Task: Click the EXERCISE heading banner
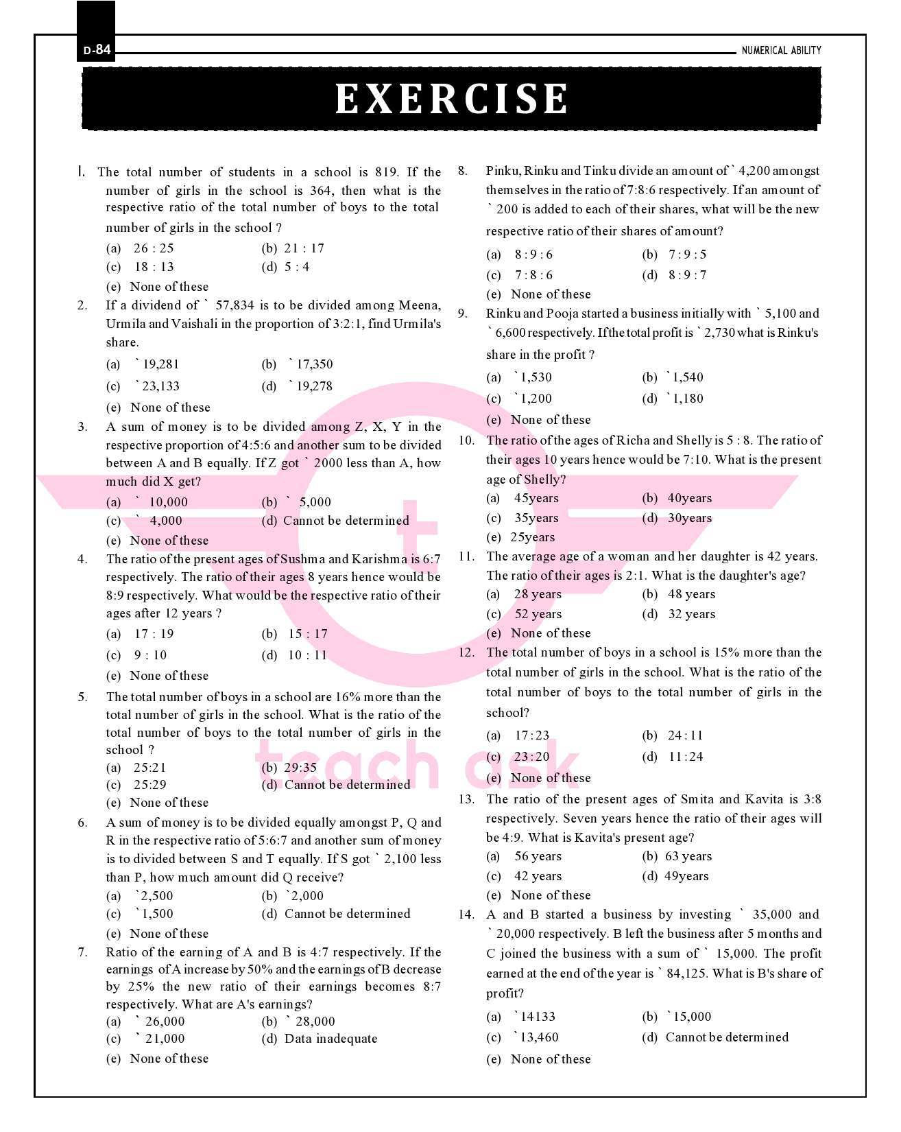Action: [451, 99]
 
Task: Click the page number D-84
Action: [97, 50]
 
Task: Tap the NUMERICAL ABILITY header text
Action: [781, 51]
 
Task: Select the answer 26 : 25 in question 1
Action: [154, 248]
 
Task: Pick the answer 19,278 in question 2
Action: [313, 386]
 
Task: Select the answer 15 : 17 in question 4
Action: [308, 634]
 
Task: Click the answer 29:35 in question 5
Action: [300, 768]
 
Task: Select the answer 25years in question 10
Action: [533, 537]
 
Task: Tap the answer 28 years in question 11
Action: [538, 594]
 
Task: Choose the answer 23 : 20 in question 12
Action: [532, 757]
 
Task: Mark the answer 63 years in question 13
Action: [688, 856]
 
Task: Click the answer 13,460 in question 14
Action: [538, 1037]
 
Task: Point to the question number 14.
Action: [466, 915]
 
